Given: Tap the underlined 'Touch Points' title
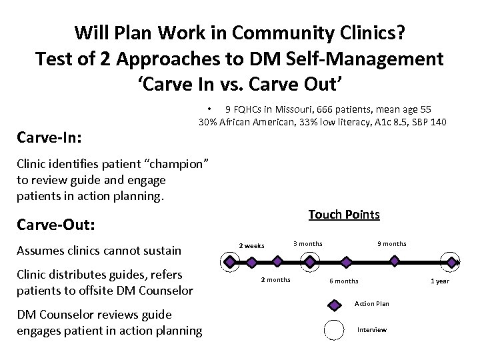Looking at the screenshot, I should coord(344,215).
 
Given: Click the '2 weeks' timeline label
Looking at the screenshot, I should coord(251,246).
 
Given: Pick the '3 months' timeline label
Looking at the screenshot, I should coord(308,244).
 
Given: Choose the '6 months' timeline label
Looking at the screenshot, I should coord(344,281).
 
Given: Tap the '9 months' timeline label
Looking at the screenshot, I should coord(392,244).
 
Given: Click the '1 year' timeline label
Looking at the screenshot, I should coord(439,281).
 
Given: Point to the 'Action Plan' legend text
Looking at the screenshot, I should coord(371,304).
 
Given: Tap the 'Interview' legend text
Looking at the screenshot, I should coord(371,331).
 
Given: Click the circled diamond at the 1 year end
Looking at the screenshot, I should coord(450,263).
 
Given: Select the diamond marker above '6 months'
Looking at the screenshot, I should coord(345,263).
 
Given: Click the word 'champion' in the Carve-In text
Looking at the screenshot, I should coord(183,164).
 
